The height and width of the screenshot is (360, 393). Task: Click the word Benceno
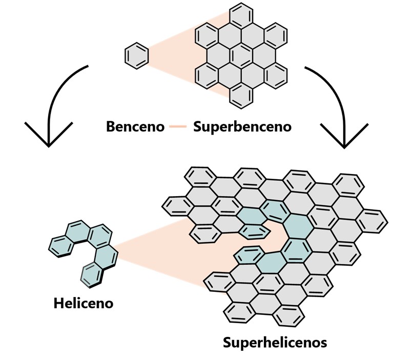coord(135,126)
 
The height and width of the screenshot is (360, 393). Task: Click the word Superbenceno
coord(242,126)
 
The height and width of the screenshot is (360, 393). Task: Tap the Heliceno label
coord(83,303)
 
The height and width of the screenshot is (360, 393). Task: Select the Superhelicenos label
coord(275,342)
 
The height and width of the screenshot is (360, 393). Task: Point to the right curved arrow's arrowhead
coord(344,136)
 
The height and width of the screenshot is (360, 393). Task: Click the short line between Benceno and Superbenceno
coord(179,126)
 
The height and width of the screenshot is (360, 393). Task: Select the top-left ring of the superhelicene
coord(198,178)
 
